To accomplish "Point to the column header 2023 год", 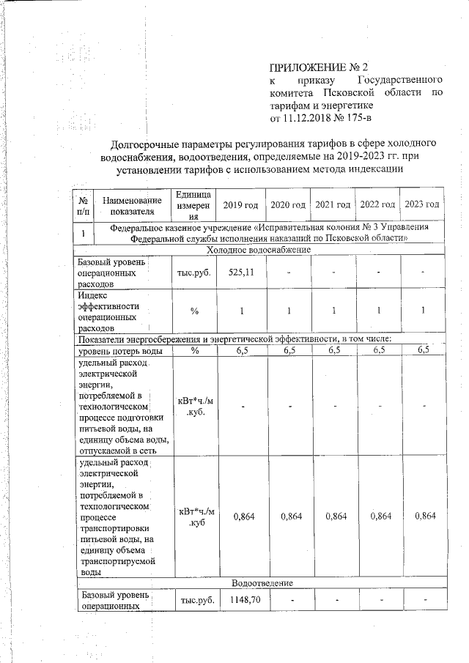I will (422, 204).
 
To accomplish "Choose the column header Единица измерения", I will (193, 204).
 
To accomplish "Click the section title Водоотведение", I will (262, 582).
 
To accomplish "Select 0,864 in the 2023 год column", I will (424, 516).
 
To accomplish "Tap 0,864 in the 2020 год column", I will (289, 516).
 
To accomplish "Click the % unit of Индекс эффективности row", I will (194, 311).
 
